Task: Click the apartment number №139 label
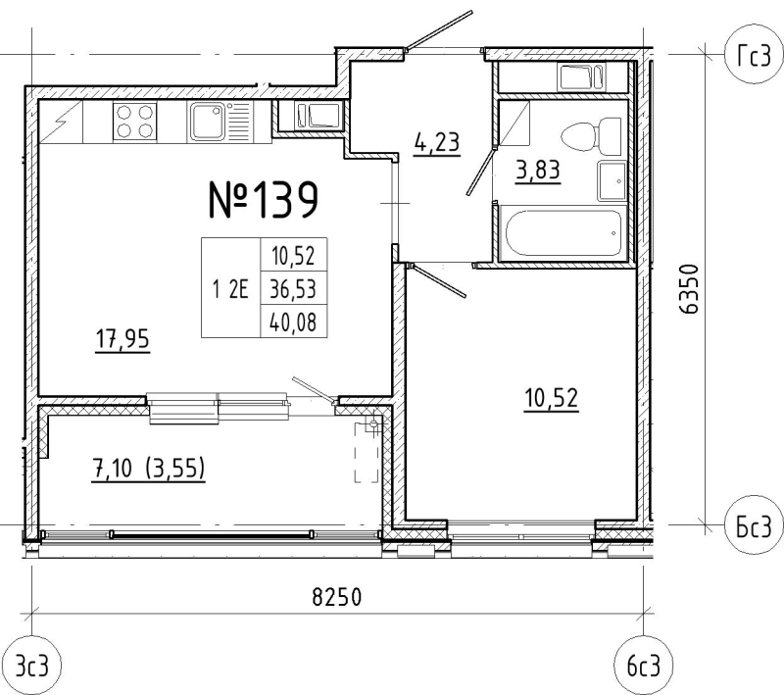coord(264,200)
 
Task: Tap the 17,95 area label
coord(122,339)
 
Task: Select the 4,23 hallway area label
coord(436,142)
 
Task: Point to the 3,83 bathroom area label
coord(538,171)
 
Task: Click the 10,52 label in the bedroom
coord(552,399)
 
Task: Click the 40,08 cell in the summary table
coord(293,323)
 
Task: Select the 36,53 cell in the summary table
coord(293,289)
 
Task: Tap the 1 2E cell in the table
coord(230,289)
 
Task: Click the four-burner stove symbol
coord(134,122)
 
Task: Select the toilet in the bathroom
coord(592,136)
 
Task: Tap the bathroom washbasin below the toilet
coord(612,181)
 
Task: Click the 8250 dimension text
coord(336,597)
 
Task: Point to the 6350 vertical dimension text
coord(689,289)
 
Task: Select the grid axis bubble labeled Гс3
coord(754,56)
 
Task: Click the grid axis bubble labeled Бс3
coord(754,526)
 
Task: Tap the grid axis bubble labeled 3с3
coord(32,666)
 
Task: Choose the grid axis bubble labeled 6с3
coord(644,666)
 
